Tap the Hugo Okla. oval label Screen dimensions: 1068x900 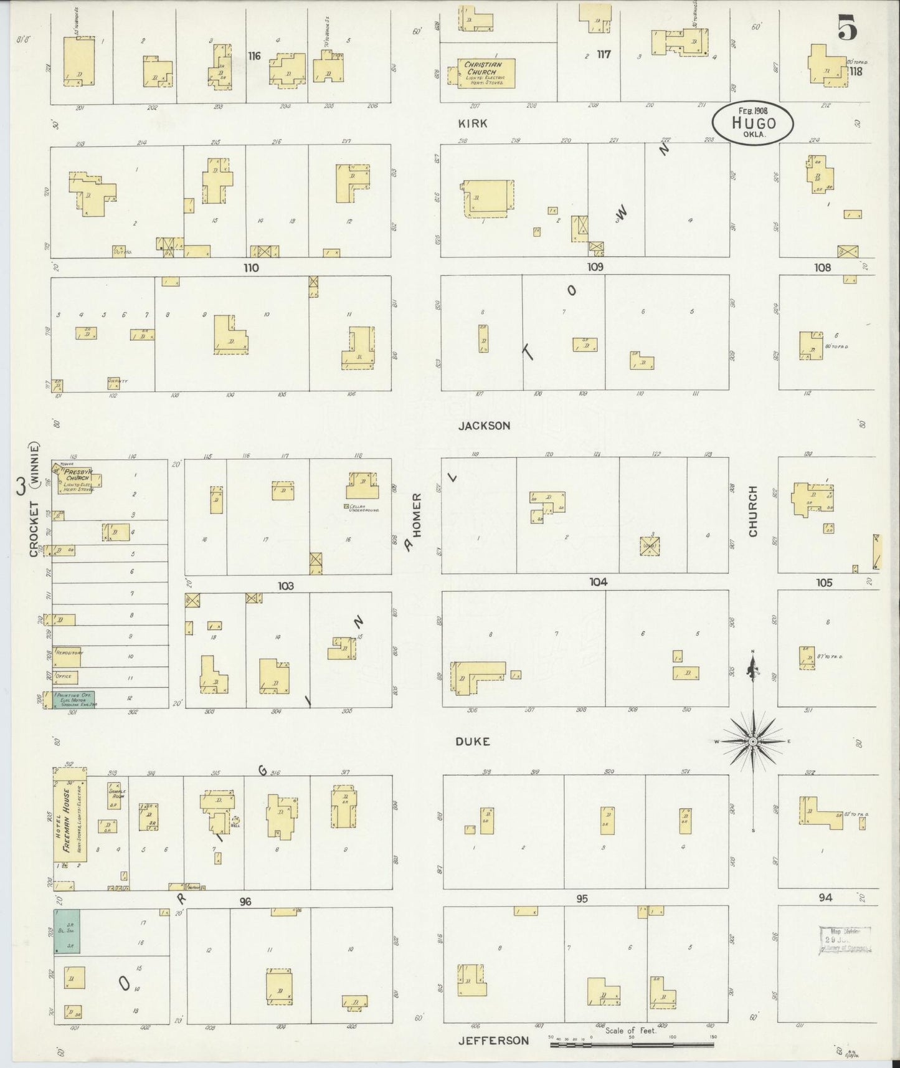point(754,123)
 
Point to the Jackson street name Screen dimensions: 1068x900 point(484,426)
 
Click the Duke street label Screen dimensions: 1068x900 point(472,741)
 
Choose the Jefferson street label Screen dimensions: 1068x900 point(493,1040)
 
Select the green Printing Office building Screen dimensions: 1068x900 point(75,698)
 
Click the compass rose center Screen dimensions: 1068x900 point(752,741)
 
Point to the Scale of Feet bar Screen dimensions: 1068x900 point(632,1038)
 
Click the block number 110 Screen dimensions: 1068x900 point(251,268)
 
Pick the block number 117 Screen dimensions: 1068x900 point(603,54)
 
